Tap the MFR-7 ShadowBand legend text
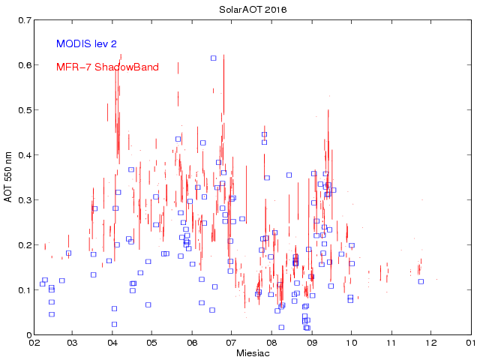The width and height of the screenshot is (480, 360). (107, 67)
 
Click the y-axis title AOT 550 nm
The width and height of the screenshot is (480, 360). (9, 177)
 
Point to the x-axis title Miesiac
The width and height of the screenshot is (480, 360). (252, 353)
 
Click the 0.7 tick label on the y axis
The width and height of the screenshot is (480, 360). (22, 20)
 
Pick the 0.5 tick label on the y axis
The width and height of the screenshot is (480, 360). (22, 110)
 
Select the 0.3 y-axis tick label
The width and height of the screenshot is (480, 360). (22, 200)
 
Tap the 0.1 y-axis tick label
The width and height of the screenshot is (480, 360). (22, 290)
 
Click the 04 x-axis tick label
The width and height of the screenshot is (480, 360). (113, 343)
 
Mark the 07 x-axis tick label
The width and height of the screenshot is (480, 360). (232, 343)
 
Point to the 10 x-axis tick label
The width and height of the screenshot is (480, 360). (351, 343)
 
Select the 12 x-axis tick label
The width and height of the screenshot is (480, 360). (430, 343)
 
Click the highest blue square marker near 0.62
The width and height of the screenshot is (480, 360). (213, 58)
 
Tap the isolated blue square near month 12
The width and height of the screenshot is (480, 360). (421, 281)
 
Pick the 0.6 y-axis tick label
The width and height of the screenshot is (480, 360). (22, 65)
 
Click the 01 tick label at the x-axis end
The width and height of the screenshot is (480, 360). (469, 343)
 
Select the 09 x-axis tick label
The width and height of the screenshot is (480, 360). (311, 343)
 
